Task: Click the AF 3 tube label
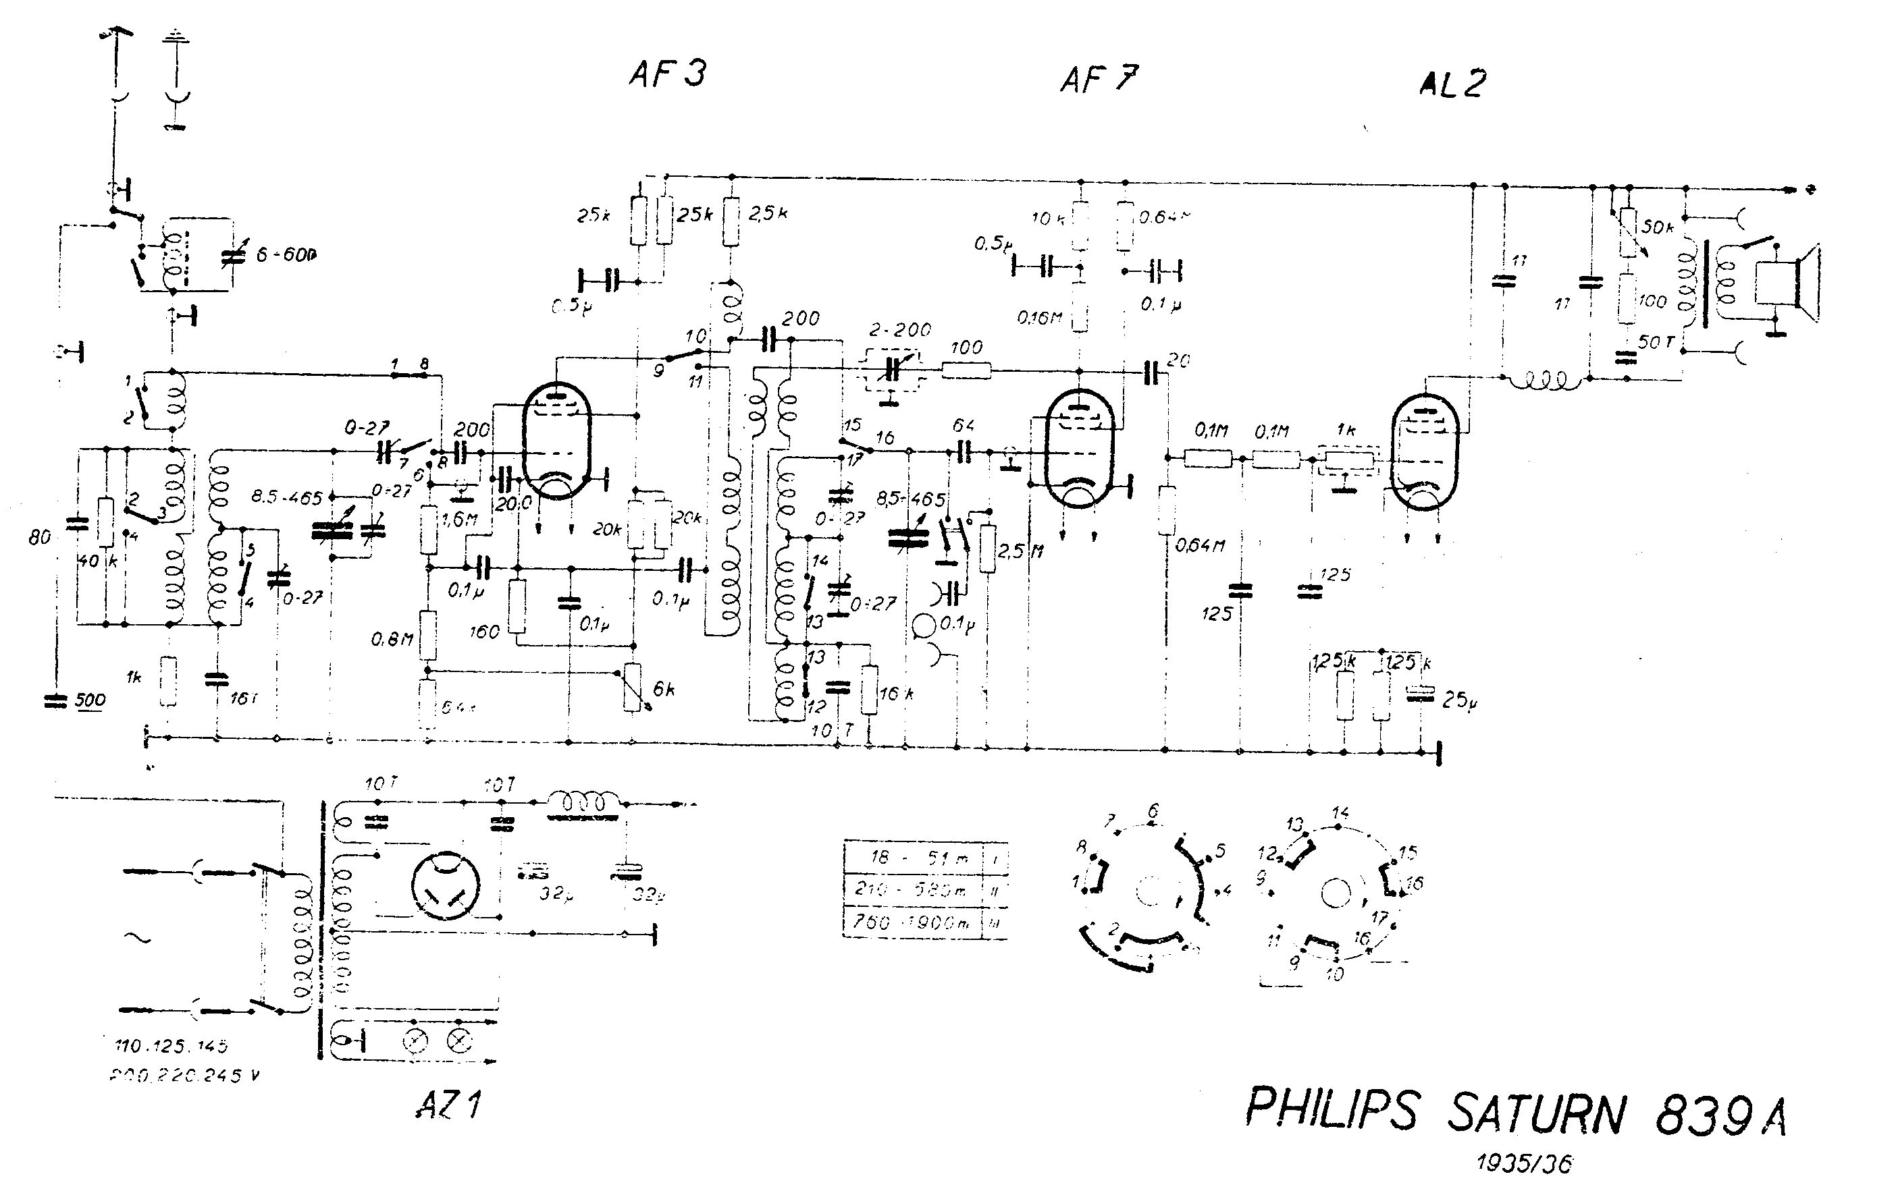(x=667, y=74)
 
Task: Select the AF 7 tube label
(x=1099, y=80)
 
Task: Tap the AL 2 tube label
(x=1452, y=84)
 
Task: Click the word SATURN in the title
(x=1536, y=1111)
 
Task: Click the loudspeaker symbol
(x=1787, y=284)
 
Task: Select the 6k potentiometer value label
(x=663, y=690)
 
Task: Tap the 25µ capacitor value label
(x=1459, y=700)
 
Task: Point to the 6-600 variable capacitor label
(x=286, y=255)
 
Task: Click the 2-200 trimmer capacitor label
(x=899, y=330)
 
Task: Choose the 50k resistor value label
(x=1658, y=227)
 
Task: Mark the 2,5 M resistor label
(x=1020, y=551)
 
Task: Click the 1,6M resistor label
(x=460, y=520)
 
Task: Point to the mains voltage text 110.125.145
(x=171, y=1046)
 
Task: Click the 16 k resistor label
(x=896, y=693)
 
